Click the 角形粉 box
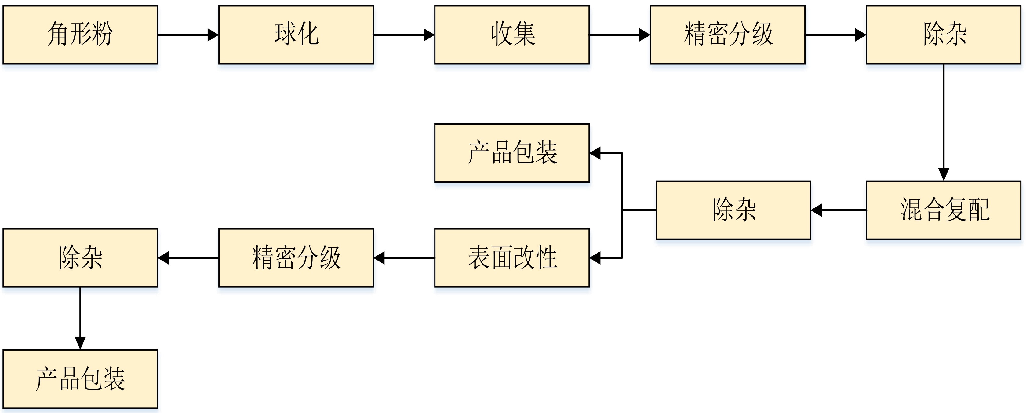point(80,35)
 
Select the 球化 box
point(296,35)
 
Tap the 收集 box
point(512,35)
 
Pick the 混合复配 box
point(944,210)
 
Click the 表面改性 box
point(512,258)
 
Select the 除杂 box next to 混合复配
point(733,210)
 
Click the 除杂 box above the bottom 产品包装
point(80,258)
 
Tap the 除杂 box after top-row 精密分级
point(944,35)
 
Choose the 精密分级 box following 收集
point(728,35)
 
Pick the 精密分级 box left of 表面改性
point(296,258)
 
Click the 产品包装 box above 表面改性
point(512,153)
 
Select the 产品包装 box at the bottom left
point(80,379)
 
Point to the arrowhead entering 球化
point(213,35)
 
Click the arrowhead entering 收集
point(429,35)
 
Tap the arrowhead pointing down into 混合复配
point(944,174)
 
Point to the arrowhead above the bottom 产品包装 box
point(80,343)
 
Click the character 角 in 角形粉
point(58,34)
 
